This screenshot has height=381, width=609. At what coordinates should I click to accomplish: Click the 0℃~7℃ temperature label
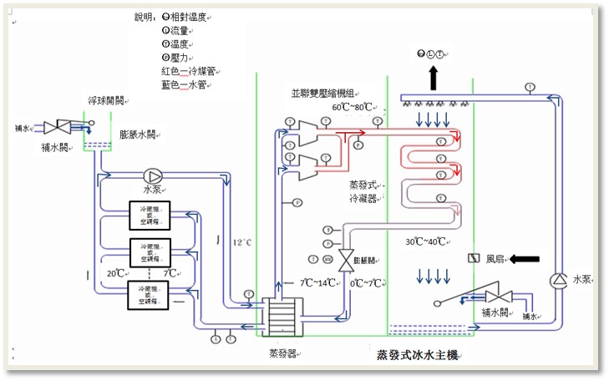point(368,282)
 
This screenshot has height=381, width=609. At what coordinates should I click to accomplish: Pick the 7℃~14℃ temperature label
point(318,282)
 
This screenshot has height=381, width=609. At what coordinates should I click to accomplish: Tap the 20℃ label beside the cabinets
point(117,273)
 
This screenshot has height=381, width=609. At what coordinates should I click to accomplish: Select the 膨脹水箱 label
point(138,134)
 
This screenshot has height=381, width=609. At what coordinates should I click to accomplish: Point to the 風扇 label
point(497,259)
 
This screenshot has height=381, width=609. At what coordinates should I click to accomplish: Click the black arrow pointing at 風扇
point(525,259)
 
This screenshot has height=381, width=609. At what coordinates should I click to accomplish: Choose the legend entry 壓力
point(176,58)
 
